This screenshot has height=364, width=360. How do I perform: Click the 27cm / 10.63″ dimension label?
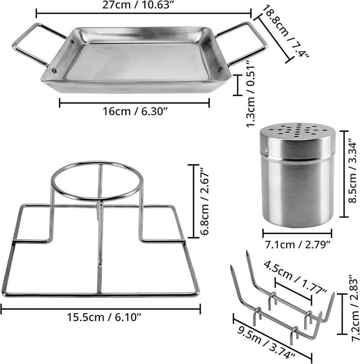point(138,4)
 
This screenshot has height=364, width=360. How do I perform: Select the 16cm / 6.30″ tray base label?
point(135,111)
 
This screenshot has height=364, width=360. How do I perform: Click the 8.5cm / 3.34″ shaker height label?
point(352,171)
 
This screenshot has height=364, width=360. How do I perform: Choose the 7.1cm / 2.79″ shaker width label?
point(297,244)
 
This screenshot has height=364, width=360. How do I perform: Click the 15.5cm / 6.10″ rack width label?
point(104,317)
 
